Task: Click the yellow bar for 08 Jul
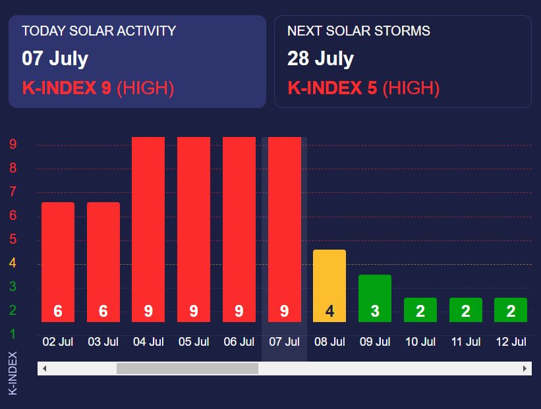pyautogui.click(x=329, y=286)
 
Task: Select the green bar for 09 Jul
pyautogui.click(x=375, y=298)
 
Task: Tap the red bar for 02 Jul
pyautogui.click(x=58, y=261)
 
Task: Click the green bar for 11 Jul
pyautogui.click(x=466, y=310)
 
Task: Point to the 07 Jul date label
pyautogui.click(x=284, y=342)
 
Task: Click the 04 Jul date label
pyautogui.click(x=148, y=342)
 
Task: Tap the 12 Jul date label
pyautogui.click(x=511, y=342)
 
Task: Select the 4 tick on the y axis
pyautogui.click(x=13, y=263)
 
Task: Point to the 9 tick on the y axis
pyautogui.click(x=13, y=144)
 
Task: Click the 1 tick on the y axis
pyautogui.click(x=13, y=334)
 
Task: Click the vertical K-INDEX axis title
pyautogui.click(x=13, y=372)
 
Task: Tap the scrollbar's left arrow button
pyautogui.click(x=44, y=368)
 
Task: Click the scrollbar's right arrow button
pyautogui.click(x=525, y=368)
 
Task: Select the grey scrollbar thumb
pyautogui.click(x=187, y=368)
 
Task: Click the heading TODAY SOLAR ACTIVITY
pyautogui.click(x=99, y=31)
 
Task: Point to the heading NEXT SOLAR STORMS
pyautogui.click(x=358, y=31)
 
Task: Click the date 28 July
pyautogui.click(x=320, y=58)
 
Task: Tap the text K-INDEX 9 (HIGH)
pyautogui.click(x=98, y=88)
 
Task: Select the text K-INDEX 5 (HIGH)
pyautogui.click(x=364, y=88)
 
